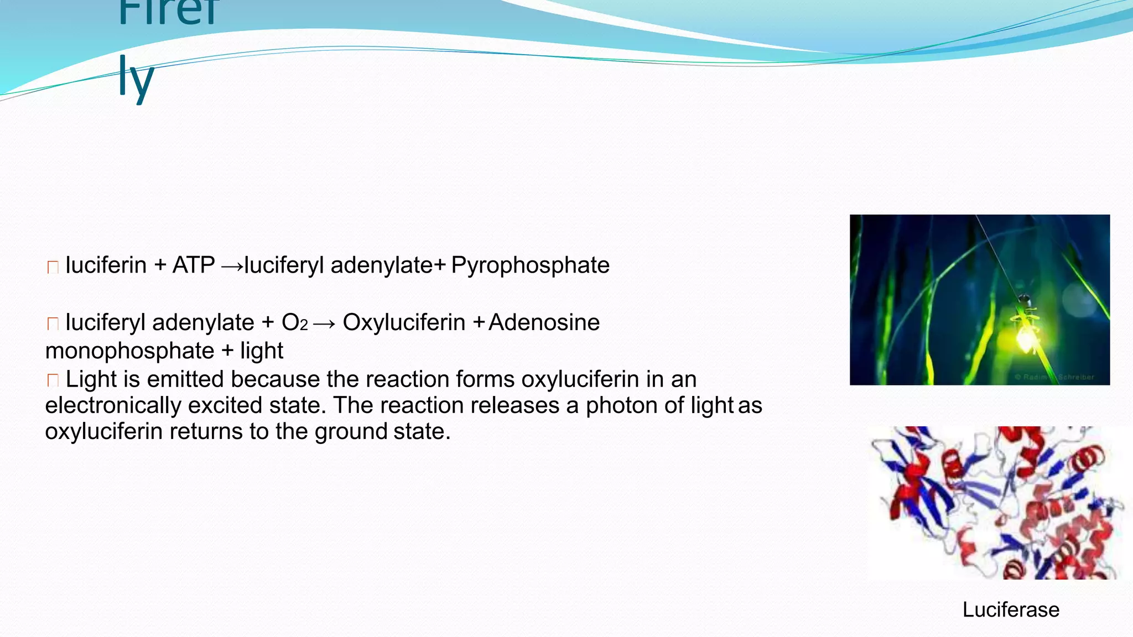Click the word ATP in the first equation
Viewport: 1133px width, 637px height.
[x=194, y=265]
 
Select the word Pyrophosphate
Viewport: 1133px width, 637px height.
[x=530, y=265]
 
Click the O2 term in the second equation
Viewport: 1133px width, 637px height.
[x=294, y=322]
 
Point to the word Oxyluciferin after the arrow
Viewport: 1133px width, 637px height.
[x=404, y=322]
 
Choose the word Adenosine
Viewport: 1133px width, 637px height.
[x=544, y=322]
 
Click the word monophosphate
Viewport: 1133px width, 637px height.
[x=129, y=351]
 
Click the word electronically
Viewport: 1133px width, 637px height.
[x=113, y=405]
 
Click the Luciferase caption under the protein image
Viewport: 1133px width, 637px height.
[x=1011, y=609]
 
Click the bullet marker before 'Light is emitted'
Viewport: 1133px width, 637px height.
[x=53, y=380]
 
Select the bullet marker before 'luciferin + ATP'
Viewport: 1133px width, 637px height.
[x=53, y=267]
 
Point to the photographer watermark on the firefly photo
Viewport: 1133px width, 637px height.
[x=1054, y=377]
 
